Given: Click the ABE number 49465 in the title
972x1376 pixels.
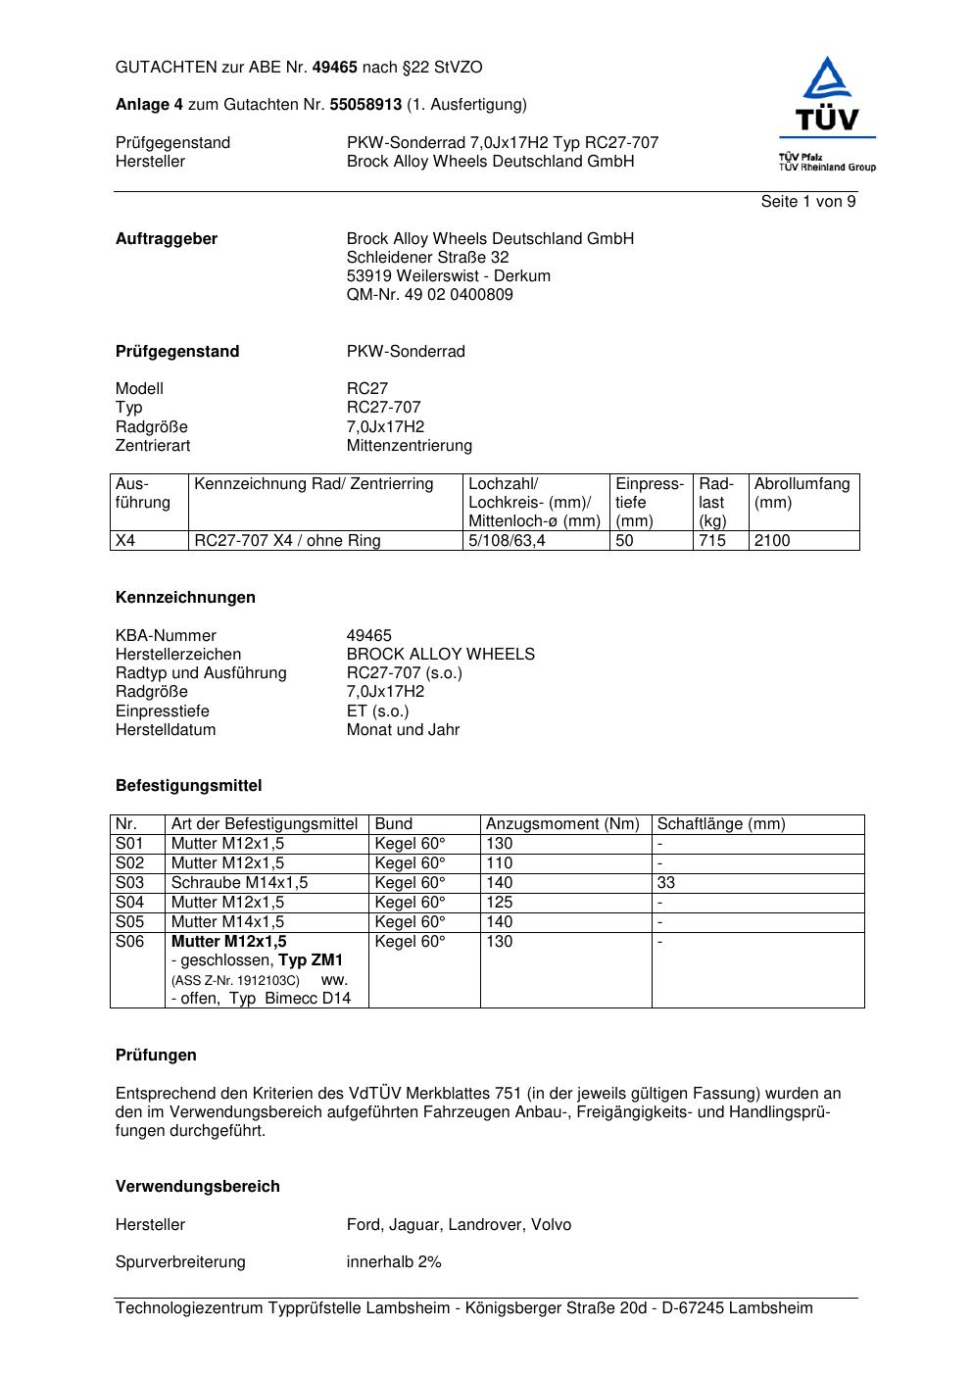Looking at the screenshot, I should (334, 68).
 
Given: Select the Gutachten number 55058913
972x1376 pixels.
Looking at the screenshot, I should (365, 104).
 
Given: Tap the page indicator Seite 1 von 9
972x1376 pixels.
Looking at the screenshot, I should (807, 202).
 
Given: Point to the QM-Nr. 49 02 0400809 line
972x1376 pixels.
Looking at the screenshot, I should (429, 295).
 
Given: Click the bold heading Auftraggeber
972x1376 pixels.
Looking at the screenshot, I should (167, 239).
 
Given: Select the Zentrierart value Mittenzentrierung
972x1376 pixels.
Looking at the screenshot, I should (409, 446).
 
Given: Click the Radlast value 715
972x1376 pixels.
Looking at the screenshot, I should (712, 541).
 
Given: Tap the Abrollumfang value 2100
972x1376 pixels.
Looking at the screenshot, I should (772, 541).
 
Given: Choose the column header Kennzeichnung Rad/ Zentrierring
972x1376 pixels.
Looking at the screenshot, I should (314, 484).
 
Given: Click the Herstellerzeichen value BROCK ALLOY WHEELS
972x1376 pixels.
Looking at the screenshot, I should (440, 655).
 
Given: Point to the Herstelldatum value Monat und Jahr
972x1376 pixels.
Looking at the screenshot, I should (403, 730).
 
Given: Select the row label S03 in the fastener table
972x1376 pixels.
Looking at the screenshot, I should (130, 883).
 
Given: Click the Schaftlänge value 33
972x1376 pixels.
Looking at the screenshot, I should (666, 883).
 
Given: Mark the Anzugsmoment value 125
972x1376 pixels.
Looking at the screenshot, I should (500, 903).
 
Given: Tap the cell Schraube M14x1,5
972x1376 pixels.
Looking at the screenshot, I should (239, 883).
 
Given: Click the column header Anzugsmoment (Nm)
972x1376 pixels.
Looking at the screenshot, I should (562, 824).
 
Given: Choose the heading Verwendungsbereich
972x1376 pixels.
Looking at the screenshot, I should (198, 1187).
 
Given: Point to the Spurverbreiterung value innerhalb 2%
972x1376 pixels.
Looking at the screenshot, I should (394, 1262).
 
